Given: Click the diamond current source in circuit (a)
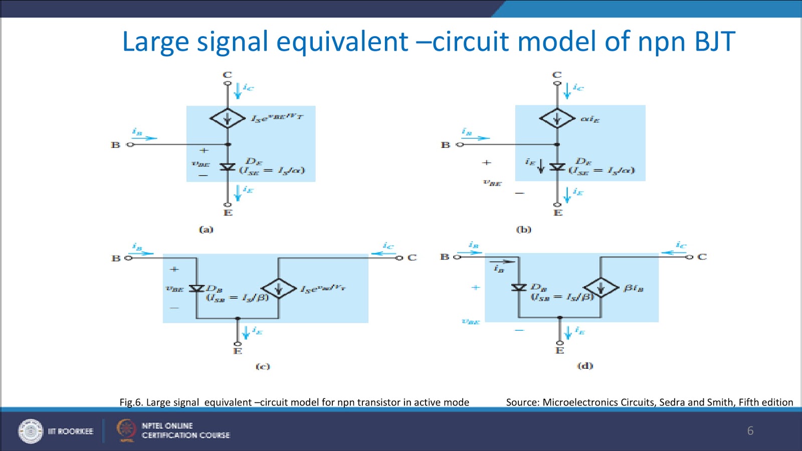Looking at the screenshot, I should point(227,119).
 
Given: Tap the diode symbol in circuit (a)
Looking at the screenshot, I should point(227,166).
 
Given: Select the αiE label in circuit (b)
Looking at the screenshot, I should point(589,119).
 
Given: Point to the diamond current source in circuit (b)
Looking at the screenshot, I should point(557,119).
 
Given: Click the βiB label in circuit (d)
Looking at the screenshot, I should point(633,288).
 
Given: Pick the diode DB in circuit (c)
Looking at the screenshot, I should point(196,288).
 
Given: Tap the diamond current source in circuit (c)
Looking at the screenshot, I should point(279,288).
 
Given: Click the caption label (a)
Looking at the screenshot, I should point(206,230).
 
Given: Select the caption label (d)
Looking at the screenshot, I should point(585,366).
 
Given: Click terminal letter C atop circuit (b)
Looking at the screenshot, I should point(557,75).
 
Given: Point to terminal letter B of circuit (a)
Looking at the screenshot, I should point(115,145).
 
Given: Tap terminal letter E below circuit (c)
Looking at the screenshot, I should point(238,351).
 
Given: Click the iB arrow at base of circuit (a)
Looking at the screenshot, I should point(144,137).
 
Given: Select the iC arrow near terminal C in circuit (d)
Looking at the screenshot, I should point(674,252).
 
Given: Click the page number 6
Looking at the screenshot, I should point(750,430).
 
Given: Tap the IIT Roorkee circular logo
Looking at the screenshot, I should point(31,431).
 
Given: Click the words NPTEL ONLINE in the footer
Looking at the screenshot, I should point(167,425).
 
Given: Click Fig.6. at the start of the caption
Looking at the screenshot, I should point(131,402).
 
